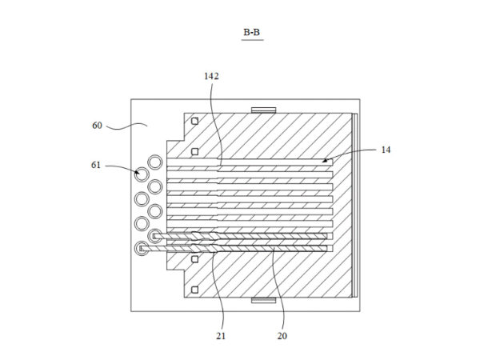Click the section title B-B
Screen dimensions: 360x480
pyautogui.click(x=252, y=32)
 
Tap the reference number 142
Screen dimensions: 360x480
pyautogui.click(x=211, y=76)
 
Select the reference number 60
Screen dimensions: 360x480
pyautogui.click(x=98, y=125)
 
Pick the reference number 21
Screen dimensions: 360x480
pyautogui.click(x=221, y=336)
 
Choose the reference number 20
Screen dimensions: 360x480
pyautogui.click(x=282, y=336)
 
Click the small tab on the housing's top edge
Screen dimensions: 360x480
pyautogui.click(x=263, y=110)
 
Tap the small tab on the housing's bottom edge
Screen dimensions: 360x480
pyautogui.click(x=263, y=301)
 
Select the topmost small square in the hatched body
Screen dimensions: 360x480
pyautogui.click(x=194, y=121)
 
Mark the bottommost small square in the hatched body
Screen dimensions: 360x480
pyautogui.click(x=194, y=290)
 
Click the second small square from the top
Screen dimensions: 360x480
pyautogui.click(x=194, y=150)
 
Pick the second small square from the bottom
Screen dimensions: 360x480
pyautogui.click(x=194, y=262)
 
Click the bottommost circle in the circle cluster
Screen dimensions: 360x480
pyautogui.click(x=142, y=249)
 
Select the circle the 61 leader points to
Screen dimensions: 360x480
pyautogui.click(x=142, y=173)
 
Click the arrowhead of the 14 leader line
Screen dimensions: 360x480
pyautogui.click(x=325, y=161)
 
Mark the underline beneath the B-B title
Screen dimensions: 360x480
pyautogui.click(x=252, y=39)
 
